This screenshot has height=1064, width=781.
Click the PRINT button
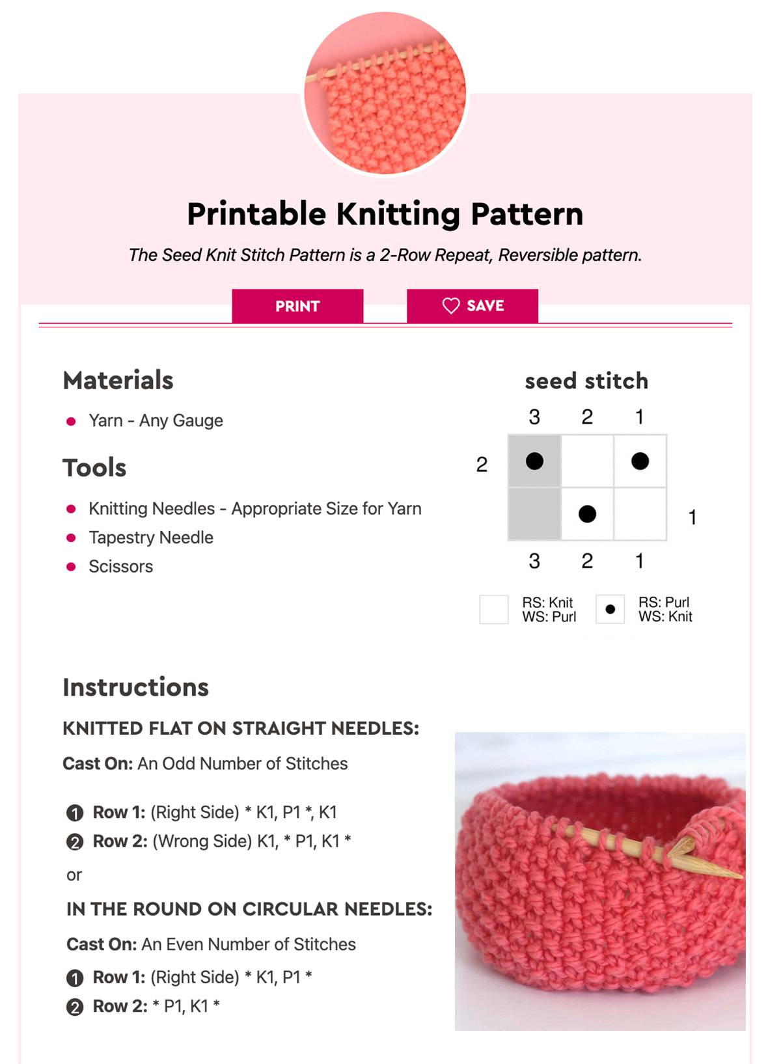tap(297, 306)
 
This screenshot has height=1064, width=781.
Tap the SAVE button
tap(473, 306)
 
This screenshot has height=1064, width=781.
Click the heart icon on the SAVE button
tap(451, 306)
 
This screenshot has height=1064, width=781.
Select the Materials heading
tap(118, 381)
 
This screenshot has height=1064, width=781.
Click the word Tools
tap(94, 468)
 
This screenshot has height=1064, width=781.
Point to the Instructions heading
tap(136, 687)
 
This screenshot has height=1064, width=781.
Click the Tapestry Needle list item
tap(151, 538)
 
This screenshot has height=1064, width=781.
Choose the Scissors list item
tap(120, 567)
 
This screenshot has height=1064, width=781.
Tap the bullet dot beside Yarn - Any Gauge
tap(71, 421)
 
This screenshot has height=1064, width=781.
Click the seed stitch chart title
tap(586, 381)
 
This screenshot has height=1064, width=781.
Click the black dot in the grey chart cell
tap(534, 461)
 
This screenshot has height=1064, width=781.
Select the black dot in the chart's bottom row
tap(587, 514)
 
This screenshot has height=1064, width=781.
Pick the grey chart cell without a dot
tap(534, 514)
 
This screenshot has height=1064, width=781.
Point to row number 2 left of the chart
tap(482, 465)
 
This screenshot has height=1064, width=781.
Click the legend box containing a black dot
tap(610, 609)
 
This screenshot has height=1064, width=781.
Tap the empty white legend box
tap(494, 609)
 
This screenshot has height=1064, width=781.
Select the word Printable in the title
tap(256, 214)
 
